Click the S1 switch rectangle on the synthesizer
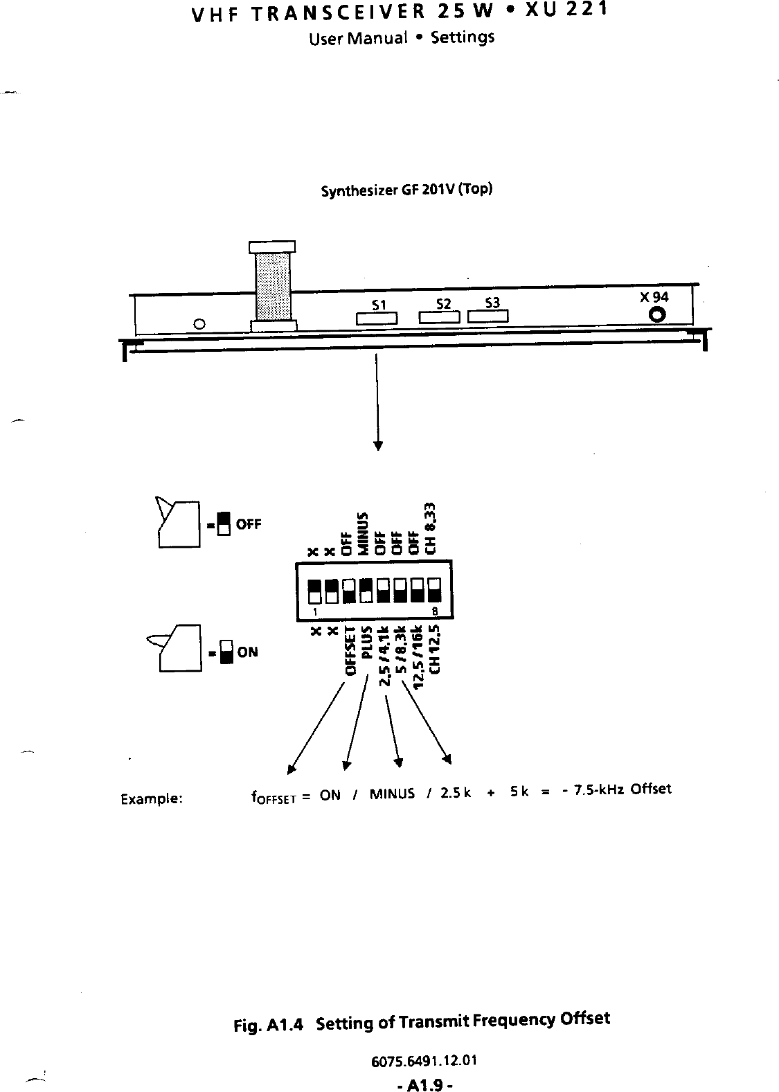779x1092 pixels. [376, 319]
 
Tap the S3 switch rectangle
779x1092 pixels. [488, 317]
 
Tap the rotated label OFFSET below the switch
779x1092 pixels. [351, 651]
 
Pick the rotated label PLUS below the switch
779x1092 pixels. [368, 642]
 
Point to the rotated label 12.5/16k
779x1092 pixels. [418, 654]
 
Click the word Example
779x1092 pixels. [152, 798]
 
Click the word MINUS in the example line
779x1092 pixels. [392, 794]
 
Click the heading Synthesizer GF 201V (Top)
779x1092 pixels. [406, 190]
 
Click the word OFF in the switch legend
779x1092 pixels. [249, 523]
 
